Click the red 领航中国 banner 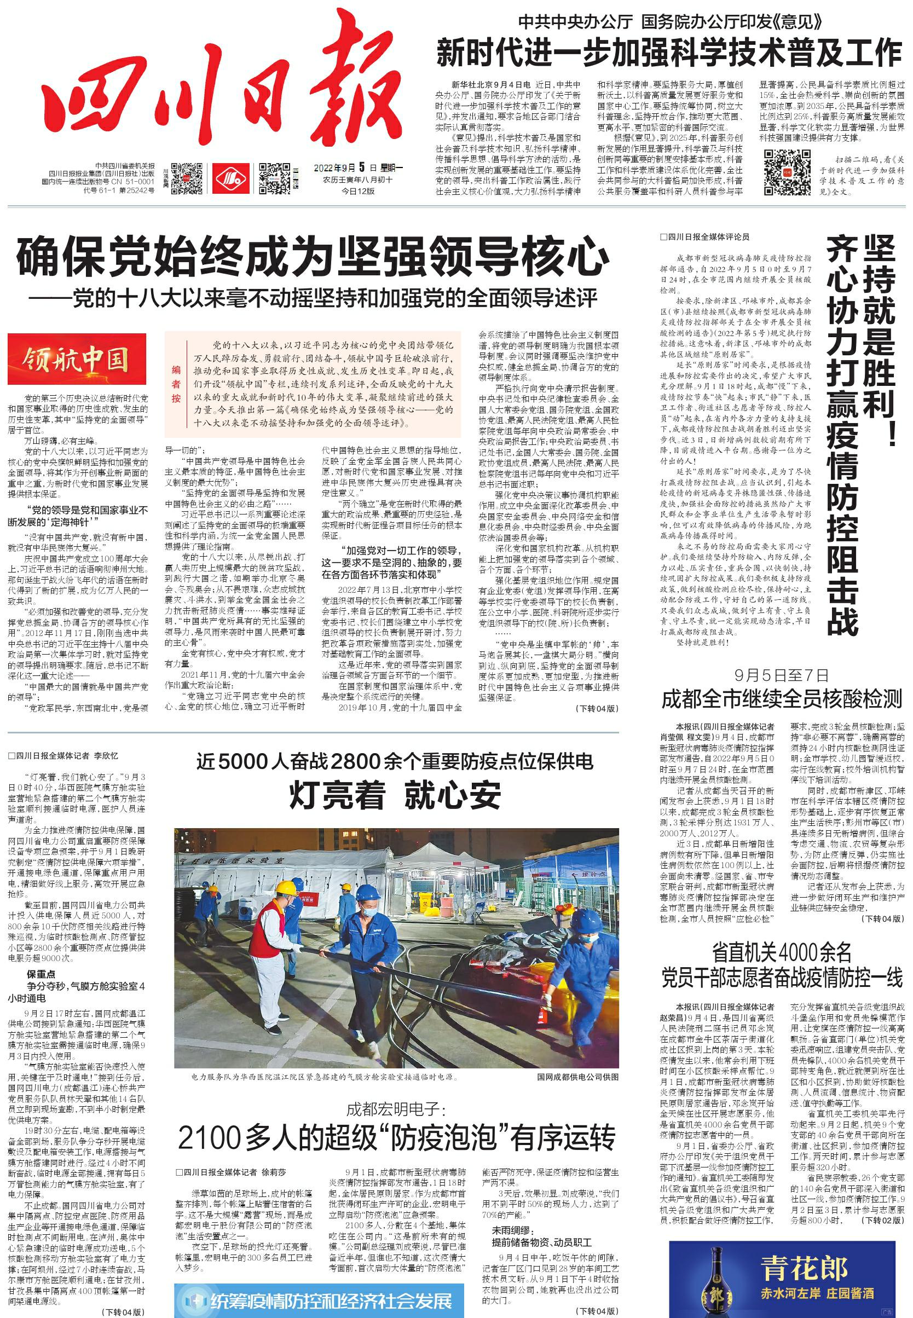tap(77, 359)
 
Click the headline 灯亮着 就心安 tap(395, 795)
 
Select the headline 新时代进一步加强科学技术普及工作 tap(669, 54)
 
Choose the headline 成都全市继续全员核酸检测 tap(782, 699)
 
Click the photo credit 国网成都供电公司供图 tap(577, 1077)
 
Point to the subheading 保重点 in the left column tap(41, 974)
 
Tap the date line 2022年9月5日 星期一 tap(359, 168)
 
